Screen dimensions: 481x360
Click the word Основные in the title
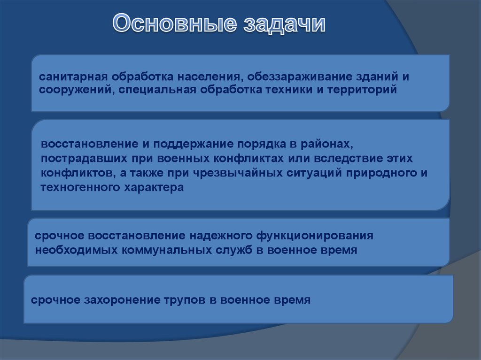coord(175,23)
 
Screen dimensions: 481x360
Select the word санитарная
coord(73,77)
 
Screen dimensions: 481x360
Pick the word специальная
coord(157,90)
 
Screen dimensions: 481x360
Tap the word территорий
coord(362,90)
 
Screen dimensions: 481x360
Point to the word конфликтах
coord(248,159)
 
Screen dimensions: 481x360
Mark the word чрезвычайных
coord(237,173)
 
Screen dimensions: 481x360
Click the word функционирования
coord(315,236)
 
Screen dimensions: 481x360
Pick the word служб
coord(234,250)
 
